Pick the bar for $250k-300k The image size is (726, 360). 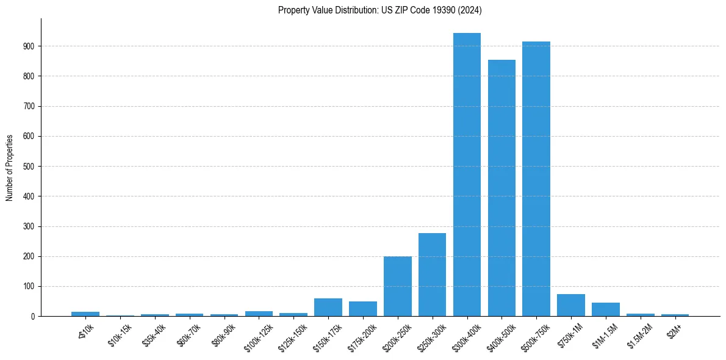tap(432, 275)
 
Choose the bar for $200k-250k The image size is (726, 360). tap(397, 286)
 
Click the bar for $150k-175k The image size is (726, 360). tap(328, 308)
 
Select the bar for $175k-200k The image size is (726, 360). tap(363, 309)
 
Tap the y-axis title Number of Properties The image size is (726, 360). tap(10, 167)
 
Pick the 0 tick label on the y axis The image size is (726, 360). tap(33, 317)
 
